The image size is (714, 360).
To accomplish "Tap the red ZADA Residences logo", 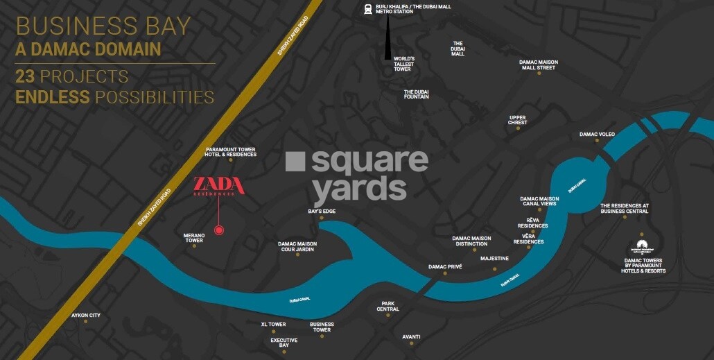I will pos(218,186).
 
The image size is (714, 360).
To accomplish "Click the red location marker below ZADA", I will pos(219,230).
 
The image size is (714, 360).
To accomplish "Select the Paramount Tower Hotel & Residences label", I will pos(231,152).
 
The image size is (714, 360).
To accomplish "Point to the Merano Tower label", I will pos(194,238).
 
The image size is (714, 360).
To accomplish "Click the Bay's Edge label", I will pos(322,211).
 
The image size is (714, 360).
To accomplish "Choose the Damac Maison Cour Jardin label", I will pos(297,246).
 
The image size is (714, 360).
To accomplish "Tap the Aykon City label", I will pos(86,316).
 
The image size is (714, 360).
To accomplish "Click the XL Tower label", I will pos(273,324).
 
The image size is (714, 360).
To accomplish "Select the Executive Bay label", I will pos(284,343).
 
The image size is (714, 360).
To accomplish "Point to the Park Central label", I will pos(388,306).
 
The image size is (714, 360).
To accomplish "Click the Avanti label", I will pos(411,336).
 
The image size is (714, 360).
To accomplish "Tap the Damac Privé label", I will pos(445,266).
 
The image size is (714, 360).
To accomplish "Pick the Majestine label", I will pos(494,258).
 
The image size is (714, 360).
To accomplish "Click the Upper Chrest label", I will pos(518,120).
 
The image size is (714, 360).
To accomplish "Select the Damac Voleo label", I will pos(597,134).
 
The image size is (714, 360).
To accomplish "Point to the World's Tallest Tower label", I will pos(403,64).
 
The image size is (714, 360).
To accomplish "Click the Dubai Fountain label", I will pos(416,94).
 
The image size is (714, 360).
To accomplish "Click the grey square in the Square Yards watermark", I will pos(295,162).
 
